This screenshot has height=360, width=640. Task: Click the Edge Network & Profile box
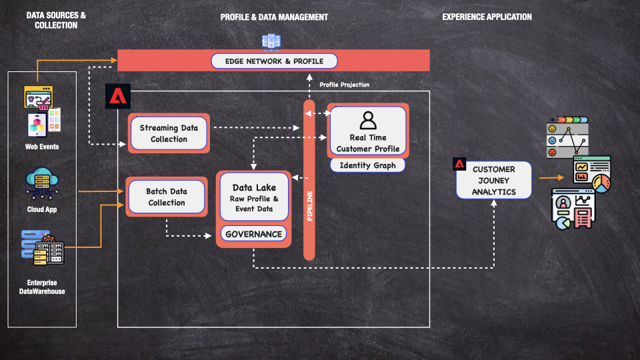(274, 61)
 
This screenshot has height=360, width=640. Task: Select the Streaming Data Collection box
(169, 133)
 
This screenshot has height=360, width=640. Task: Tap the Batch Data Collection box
(167, 197)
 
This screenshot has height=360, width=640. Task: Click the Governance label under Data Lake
(254, 234)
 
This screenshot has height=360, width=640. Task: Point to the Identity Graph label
(367, 165)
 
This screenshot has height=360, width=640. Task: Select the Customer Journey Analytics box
(494, 180)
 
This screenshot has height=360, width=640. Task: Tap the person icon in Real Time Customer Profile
(368, 120)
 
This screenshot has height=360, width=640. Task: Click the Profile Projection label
(344, 85)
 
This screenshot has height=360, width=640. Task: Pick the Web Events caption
(43, 147)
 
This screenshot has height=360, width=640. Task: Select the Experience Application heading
(487, 17)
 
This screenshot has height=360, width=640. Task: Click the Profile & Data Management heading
(274, 17)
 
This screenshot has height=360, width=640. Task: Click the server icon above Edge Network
(271, 41)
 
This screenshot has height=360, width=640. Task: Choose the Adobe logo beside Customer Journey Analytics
(459, 164)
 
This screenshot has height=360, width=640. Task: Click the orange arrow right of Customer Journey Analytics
(551, 178)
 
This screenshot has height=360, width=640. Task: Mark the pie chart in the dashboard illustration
(601, 184)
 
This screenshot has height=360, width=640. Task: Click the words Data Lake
(254, 187)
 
